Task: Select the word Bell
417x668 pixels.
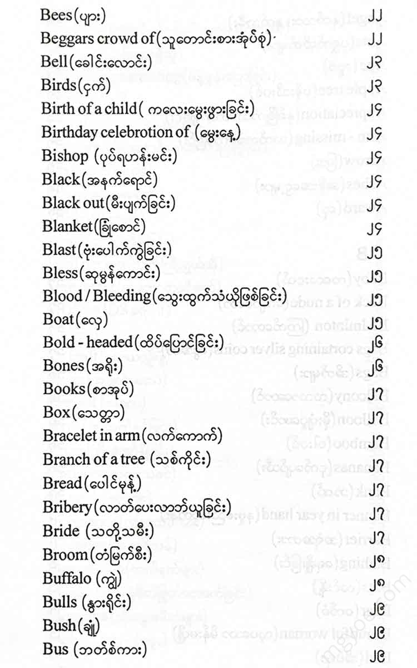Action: tap(53, 61)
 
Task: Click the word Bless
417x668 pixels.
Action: tap(59, 273)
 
